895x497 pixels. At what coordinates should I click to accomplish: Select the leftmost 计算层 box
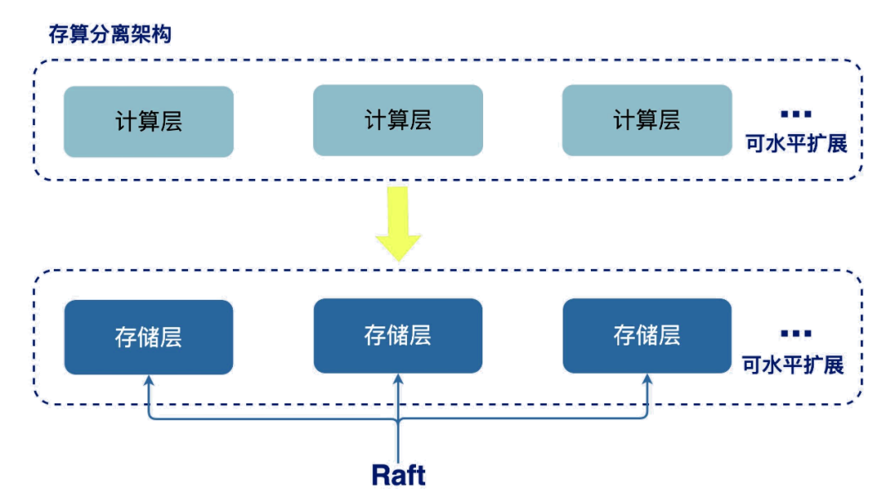pyautogui.click(x=148, y=122)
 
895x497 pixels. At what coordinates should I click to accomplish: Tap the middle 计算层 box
pyautogui.click(x=398, y=120)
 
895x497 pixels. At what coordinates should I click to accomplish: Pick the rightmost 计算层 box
pyautogui.click(x=646, y=120)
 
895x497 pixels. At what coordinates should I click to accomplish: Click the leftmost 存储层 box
pyautogui.click(x=148, y=336)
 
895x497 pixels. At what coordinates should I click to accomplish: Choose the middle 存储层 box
pyautogui.click(x=398, y=335)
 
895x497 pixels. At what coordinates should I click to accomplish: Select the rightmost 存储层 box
pyautogui.click(x=646, y=335)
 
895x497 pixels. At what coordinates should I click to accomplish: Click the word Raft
pyautogui.click(x=399, y=474)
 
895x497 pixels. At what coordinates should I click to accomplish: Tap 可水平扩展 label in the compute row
pyautogui.click(x=796, y=143)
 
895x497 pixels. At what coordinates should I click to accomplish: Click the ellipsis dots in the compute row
pyautogui.click(x=796, y=113)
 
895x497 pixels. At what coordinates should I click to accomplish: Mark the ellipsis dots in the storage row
pyautogui.click(x=796, y=335)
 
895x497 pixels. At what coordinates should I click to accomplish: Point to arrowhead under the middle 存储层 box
pyautogui.click(x=399, y=380)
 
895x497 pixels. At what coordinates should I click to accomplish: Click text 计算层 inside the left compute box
pyautogui.click(x=148, y=122)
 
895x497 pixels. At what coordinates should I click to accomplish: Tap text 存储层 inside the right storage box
pyautogui.click(x=646, y=335)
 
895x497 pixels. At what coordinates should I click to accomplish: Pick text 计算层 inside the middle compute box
pyautogui.click(x=398, y=120)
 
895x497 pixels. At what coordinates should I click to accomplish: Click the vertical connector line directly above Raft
pyautogui.click(x=399, y=439)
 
